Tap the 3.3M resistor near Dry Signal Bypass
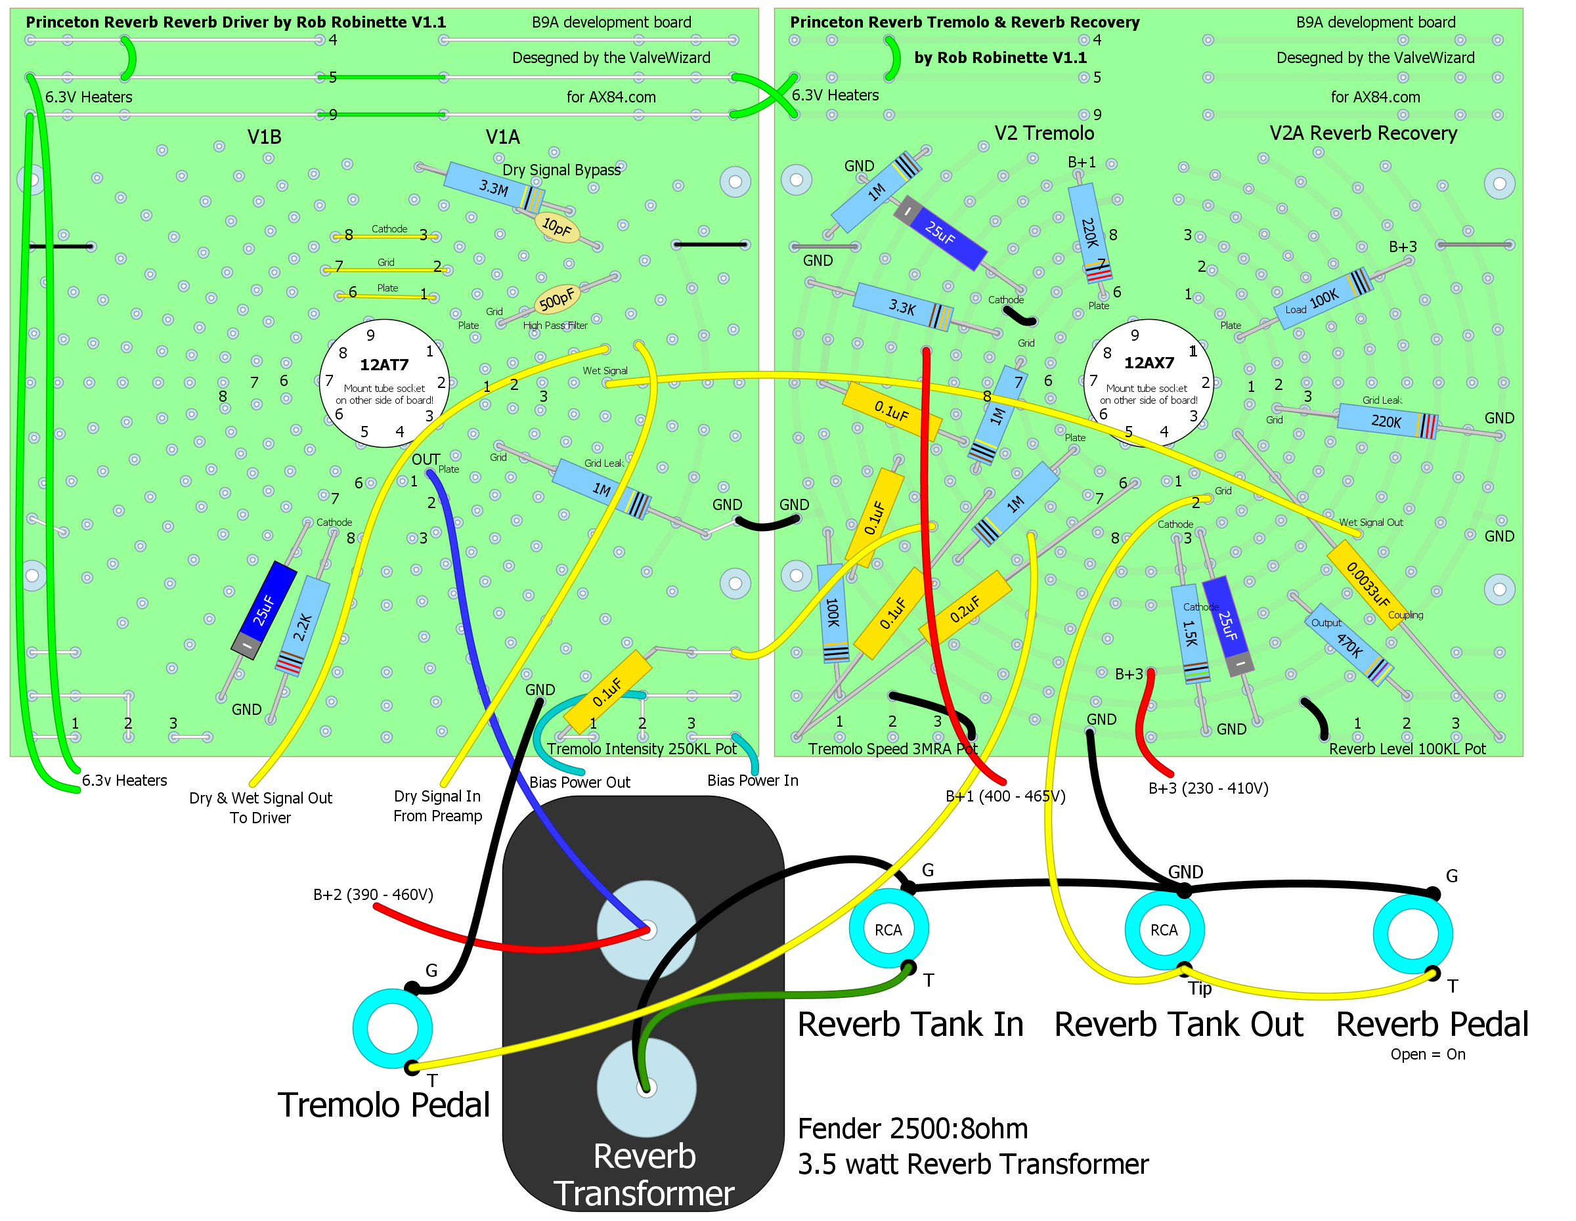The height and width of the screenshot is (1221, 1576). click(494, 188)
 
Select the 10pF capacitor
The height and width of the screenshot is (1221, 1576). click(556, 227)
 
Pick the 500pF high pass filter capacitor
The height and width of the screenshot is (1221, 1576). click(557, 299)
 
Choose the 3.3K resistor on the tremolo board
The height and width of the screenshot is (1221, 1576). click(902, 307)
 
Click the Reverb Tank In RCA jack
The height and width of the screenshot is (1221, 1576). click(888, 930)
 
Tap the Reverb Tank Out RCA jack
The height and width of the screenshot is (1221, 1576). click(1164, 930)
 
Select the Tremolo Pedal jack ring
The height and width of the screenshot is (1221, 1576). click(393, 1029)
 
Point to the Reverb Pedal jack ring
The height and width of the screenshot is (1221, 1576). click(1412, 934)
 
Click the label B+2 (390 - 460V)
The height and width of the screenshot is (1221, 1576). click(373, 894)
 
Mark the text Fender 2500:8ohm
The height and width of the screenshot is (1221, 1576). click(912, 1128)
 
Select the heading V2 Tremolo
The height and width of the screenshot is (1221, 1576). click(1043, 133)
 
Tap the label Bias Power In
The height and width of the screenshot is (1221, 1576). click(753, 781)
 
